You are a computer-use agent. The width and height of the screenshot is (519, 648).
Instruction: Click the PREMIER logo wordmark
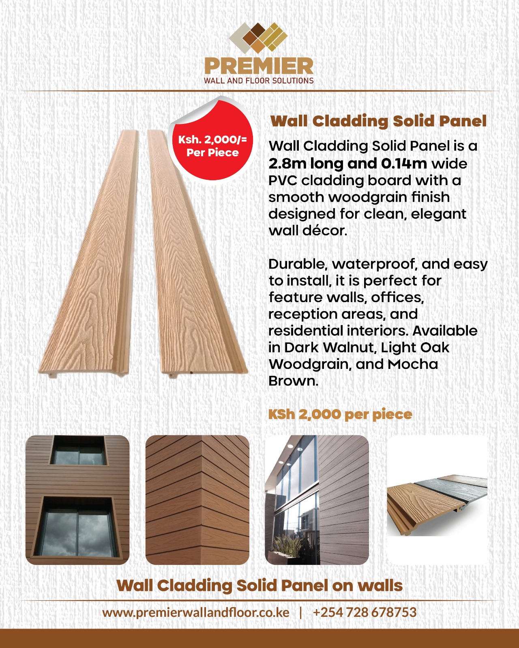click(x=259, y=66)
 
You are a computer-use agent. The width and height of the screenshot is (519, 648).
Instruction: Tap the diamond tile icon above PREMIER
click(x=258, y=37)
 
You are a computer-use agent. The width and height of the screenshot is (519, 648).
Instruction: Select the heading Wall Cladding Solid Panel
click(x=378, y=121)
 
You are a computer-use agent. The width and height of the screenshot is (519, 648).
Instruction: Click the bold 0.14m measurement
click(x=404, y=164)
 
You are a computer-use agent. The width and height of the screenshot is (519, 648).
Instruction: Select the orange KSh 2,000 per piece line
click(x=340, y=414)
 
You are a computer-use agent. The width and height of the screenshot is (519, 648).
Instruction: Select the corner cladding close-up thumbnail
click(x=197, y=500)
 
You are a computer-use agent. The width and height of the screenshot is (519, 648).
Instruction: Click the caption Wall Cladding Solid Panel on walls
click(x=259, y=586)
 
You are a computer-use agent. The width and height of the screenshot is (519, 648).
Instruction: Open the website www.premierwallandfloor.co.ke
click(x=196, y=612)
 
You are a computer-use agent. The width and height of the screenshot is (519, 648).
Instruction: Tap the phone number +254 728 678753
click(x=365, y=612)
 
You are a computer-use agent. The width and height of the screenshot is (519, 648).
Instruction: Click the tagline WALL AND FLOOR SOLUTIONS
click(x=259, y=81)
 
